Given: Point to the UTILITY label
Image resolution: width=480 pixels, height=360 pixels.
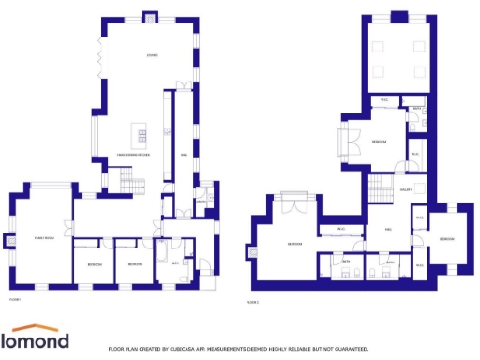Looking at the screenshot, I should click(x=202, y=201).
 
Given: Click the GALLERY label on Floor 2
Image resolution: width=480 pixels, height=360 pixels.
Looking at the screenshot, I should click(x=407, y=189).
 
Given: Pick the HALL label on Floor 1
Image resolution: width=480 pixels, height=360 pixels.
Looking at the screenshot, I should click(x=185, y=155).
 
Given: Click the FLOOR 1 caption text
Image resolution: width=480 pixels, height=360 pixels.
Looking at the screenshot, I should click(x=15, y=299).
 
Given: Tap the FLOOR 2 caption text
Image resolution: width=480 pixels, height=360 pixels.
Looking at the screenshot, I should click(x=252, y=302).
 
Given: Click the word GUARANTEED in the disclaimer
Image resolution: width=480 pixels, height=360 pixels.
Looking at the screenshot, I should click(x=351, y=348).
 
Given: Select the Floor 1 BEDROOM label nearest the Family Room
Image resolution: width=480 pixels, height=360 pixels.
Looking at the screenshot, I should click(x=94, y=264).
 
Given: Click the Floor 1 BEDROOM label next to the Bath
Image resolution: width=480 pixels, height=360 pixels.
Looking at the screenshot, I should click(x=135, y=264).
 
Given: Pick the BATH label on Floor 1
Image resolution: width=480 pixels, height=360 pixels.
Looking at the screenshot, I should click(x=174, y=263).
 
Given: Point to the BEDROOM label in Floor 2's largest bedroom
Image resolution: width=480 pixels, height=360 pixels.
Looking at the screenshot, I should click(x=294, y=244).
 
